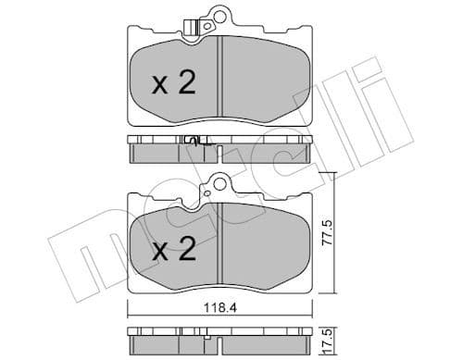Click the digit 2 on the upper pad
[186, 84]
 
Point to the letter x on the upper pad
[158, 86]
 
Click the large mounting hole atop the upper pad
[220, 15]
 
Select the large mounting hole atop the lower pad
[219, 181]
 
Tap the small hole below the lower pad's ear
[219, 195]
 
